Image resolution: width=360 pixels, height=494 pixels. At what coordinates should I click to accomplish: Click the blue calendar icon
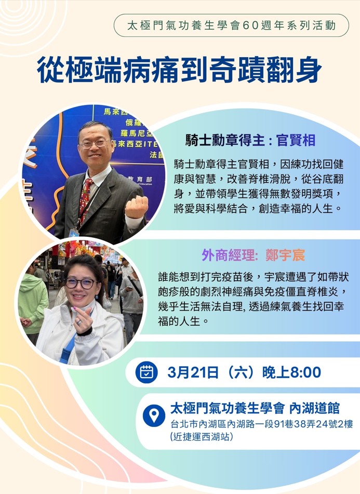coord(146,372)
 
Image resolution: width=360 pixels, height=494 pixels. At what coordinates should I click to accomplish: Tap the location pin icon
coord(154,416)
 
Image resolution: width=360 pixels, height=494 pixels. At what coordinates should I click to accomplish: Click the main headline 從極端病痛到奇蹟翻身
coord(179,70)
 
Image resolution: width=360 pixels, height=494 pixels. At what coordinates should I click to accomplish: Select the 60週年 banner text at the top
coord(232,25)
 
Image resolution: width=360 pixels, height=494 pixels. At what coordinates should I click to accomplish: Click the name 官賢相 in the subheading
coord(296,140)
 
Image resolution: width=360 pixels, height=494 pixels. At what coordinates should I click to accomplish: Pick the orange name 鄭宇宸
coord(285,255)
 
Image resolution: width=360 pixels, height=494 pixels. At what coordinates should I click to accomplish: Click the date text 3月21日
coord(193,372)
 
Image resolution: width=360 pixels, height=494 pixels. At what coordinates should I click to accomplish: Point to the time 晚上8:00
coord(291,372)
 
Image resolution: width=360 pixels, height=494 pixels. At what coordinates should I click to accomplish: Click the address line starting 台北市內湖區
coord(262,424)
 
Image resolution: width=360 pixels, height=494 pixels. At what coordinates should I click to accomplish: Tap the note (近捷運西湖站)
coord(202,437)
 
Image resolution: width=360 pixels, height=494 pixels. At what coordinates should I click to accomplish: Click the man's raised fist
coord(137,206)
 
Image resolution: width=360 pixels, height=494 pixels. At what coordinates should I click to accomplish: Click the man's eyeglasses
coord(94,144)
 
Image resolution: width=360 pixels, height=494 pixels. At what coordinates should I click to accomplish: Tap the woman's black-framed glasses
coord(81,283)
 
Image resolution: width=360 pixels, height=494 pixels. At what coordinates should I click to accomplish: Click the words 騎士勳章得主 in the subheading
coord(225,140)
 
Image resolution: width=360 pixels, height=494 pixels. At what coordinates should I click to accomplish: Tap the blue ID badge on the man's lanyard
coord(73,233)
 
